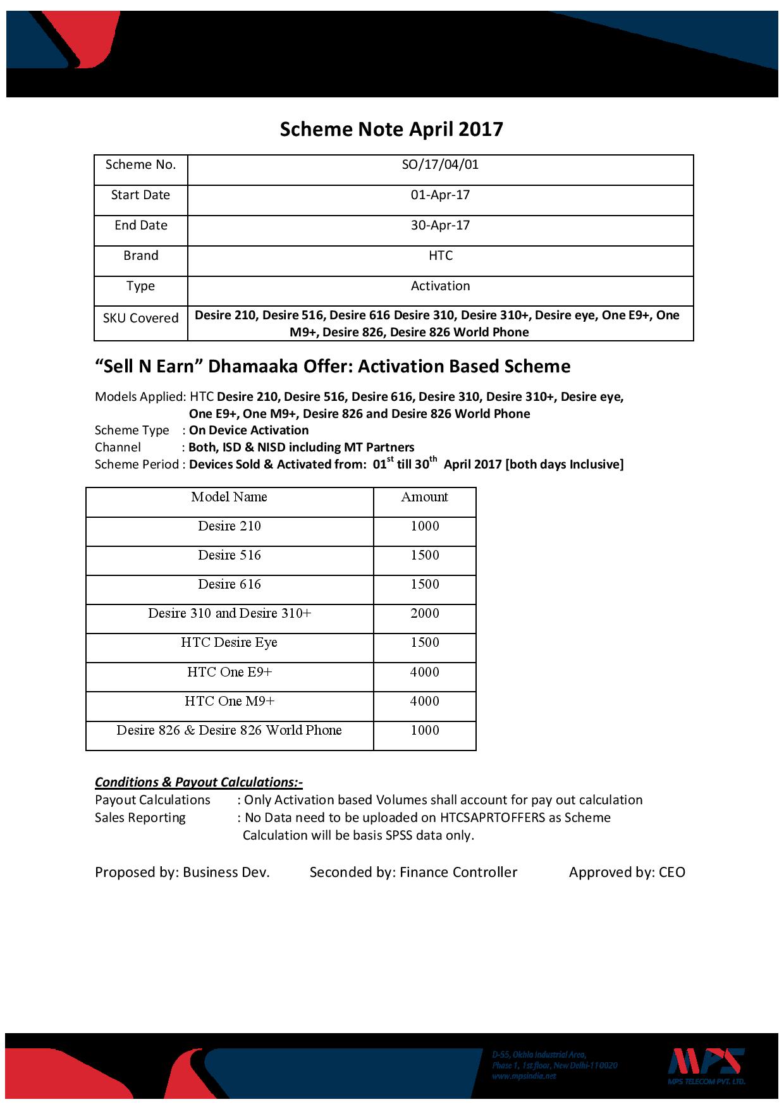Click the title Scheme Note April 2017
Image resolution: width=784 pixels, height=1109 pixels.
click(x=391, y=130)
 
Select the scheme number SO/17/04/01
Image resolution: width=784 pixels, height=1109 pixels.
click(x=440, y=165)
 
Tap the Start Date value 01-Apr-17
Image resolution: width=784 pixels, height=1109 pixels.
click(x=440, y=195)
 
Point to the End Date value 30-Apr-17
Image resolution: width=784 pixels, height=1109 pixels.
click(x=440, y=226)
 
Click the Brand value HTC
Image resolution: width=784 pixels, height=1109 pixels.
click(x=440, y=256)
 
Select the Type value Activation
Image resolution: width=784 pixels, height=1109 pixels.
click(x=440, y=286)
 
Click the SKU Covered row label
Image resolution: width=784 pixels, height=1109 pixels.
click(x=140, y=318)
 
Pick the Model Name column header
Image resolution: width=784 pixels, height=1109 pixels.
click(x=229, y=497)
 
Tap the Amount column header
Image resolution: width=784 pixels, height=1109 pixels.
click(x=424, y=497)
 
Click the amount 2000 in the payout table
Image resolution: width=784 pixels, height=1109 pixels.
click(x=424, y=613)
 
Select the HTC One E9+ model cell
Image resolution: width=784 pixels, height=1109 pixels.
click(x=229, y=672)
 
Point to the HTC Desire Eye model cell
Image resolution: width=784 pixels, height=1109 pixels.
click(x=229, y=642)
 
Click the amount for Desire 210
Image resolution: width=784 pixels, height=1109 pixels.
click(x=424, y=526)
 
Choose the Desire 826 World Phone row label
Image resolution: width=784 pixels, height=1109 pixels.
click(x=229, y=730)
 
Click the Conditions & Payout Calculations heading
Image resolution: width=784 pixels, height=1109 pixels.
click(x=199, y=782)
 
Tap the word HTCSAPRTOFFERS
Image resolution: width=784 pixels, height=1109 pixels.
click(x=494, y=818)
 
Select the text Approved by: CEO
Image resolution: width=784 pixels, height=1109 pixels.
click(x=627, y=873)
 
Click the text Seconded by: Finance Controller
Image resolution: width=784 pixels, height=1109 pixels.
click(x=413, y=873)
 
